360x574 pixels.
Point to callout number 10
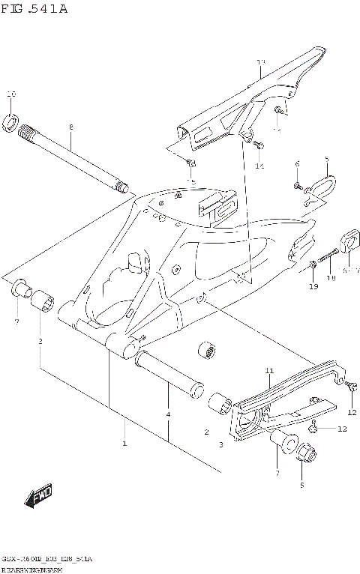(10, 94)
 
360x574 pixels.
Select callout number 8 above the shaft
(70, 127)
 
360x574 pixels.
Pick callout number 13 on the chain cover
(260, 61)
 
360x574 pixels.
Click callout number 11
(269, 371)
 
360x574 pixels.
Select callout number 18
(331, 278)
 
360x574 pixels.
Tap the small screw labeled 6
(298, 185)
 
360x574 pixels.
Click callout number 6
(297, 163)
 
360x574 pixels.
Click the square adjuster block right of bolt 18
(350, 241)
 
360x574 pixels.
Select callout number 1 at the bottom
(124, 443)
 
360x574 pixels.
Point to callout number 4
(168, 414)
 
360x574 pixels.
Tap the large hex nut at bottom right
(304, 453)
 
